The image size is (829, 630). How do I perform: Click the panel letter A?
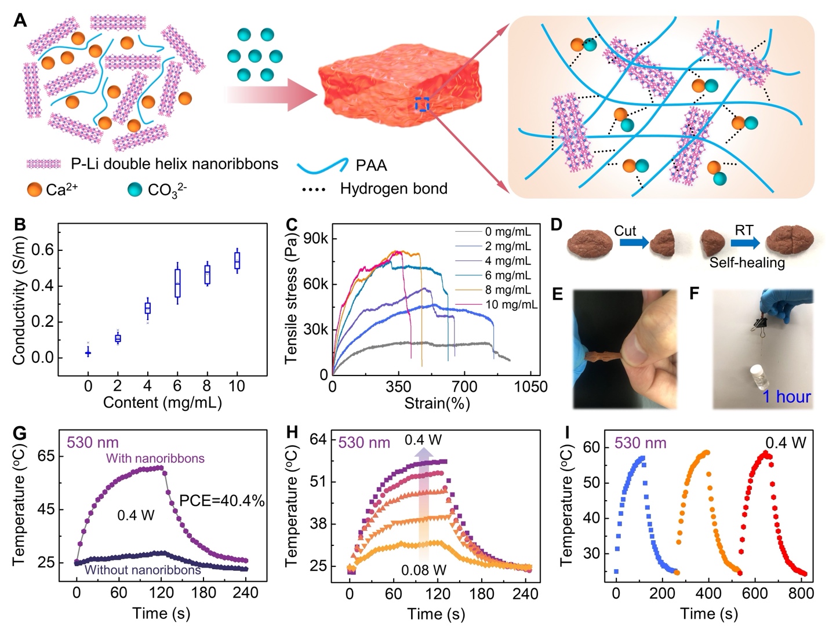point(20,21)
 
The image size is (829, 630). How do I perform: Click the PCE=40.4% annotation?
point(221,500)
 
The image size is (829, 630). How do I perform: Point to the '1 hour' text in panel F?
point(786,396)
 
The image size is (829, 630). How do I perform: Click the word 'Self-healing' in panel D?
point(747,263)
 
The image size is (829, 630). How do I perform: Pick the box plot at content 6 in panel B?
point(177,282)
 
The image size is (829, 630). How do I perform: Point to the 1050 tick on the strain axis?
point(531,386)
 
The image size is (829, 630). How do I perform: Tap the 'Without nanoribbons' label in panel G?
point(143,570)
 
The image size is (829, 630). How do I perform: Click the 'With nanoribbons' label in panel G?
point(155,458)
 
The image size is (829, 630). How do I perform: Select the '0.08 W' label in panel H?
point(424,570)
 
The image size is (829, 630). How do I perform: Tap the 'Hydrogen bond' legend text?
point(394,189)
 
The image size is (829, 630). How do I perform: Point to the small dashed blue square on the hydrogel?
point(421,105)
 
